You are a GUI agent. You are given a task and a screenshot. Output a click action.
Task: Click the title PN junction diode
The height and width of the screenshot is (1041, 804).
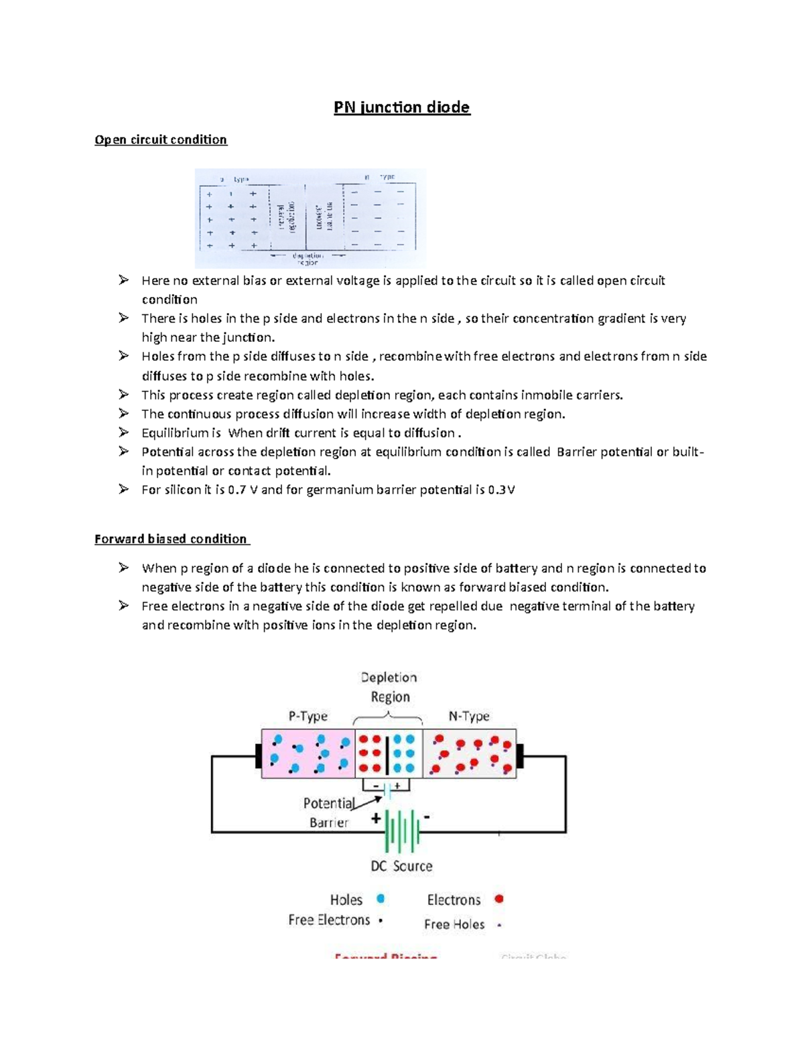[402, 108]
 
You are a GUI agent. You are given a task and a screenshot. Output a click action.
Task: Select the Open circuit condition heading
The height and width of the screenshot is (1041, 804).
[161, 139]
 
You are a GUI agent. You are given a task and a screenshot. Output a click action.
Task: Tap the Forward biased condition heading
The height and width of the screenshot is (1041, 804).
[171, 539]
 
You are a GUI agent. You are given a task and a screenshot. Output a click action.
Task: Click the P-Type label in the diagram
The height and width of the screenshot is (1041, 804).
[308, 716]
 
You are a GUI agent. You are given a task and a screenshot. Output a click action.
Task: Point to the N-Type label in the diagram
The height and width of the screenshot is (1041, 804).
[469, 716]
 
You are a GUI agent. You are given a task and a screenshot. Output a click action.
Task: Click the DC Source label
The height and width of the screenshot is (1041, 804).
[401, 866]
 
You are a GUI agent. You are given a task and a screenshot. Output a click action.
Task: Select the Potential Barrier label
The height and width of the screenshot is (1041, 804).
[328, 812]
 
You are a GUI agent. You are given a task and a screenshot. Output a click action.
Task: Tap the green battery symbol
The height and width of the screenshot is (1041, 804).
[402, 831]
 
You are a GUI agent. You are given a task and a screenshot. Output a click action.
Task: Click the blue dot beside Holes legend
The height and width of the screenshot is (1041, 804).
[381, 899]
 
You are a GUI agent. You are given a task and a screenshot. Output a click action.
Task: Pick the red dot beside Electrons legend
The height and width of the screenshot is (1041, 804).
[498, 899]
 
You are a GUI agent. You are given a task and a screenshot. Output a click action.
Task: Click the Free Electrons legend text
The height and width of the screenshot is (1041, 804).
[329, 920]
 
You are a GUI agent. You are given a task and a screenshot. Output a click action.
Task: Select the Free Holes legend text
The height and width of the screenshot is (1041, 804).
[454, 924]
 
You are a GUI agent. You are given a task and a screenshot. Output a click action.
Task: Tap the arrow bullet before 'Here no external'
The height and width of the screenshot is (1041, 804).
[123, 280]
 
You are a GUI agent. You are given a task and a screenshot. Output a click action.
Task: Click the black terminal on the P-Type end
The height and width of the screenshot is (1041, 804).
[258, 755]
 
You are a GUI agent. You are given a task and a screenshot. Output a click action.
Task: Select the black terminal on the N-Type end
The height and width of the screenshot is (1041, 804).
[520, 755]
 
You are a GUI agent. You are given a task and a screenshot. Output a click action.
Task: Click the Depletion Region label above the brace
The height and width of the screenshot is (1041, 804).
[389, 687]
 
